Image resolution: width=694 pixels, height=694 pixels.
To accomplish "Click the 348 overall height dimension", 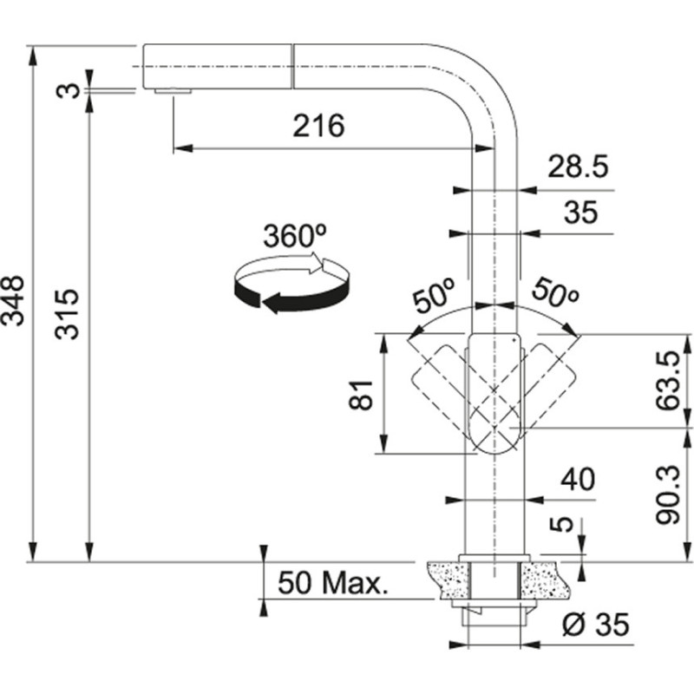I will [15, 301].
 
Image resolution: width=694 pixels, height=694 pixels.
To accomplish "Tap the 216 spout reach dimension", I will [318, 127].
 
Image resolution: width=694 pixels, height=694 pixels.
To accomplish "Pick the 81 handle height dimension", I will [363, 395].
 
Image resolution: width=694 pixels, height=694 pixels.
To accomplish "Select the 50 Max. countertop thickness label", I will [331, 582].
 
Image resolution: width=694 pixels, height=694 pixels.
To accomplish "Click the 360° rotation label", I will [293, 237].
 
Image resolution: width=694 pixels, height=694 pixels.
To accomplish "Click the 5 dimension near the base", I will [564, 524].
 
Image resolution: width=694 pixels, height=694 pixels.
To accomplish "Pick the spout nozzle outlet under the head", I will [173, 91].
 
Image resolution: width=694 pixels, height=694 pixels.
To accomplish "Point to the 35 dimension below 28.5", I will [580, 213].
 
